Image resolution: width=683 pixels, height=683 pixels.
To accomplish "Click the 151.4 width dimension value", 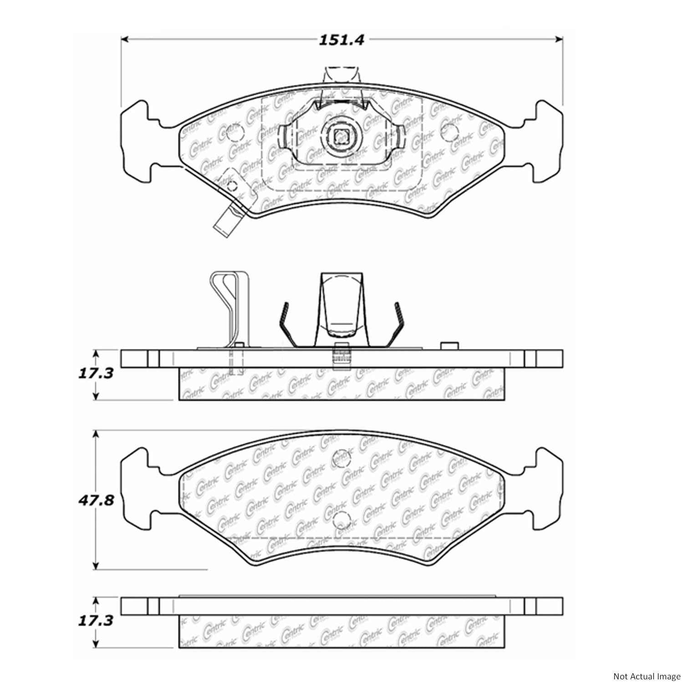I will coord(341,40).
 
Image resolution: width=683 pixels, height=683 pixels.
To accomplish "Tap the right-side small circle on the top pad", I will coord(450,133).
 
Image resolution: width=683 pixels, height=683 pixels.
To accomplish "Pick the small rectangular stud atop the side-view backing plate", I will coord(449,346).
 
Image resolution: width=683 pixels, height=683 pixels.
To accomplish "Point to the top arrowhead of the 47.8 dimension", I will coord(96,433).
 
